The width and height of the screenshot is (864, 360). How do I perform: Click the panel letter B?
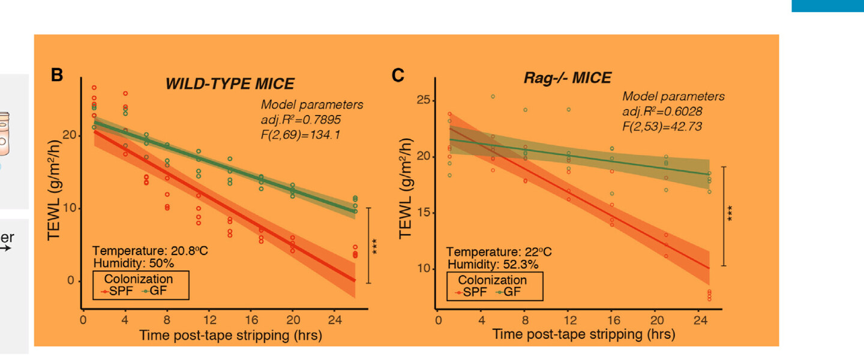click(x=56, y=75)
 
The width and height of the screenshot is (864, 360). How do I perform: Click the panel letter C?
click(x=398, y=75)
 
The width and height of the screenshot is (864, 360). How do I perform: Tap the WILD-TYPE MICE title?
click(x=230, y=84)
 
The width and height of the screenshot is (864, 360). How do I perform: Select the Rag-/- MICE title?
click(x=568, y=77)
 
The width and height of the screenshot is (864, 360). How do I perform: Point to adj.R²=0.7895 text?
click(x=301, y=119)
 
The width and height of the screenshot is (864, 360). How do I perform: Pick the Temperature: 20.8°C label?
click(x=150, y=251)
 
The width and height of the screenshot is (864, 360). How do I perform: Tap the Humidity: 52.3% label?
click(x=493, y=265)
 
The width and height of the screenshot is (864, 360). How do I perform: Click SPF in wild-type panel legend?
click(x=121, y=291)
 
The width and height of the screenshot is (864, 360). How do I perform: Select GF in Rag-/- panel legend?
click(x=512, y=292)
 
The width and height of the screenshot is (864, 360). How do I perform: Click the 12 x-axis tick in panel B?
click(x=210, y=319)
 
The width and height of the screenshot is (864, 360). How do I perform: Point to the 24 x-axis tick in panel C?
click(x=700, y=320)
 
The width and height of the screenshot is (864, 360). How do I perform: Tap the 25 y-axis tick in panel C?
click(x=423, y=100)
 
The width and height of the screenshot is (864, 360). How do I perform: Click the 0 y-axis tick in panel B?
click(x=71, y=281)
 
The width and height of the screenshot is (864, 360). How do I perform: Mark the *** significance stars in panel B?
click(x=374, y=247)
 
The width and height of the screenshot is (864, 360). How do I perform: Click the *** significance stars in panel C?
click(x=730, y=214)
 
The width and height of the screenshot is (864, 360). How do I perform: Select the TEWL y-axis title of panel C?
click(x=406, y=188)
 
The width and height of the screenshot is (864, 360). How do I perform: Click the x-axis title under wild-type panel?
click(x=230, y=335)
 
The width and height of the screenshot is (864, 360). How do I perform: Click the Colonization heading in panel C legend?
click(x=492, y=280)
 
